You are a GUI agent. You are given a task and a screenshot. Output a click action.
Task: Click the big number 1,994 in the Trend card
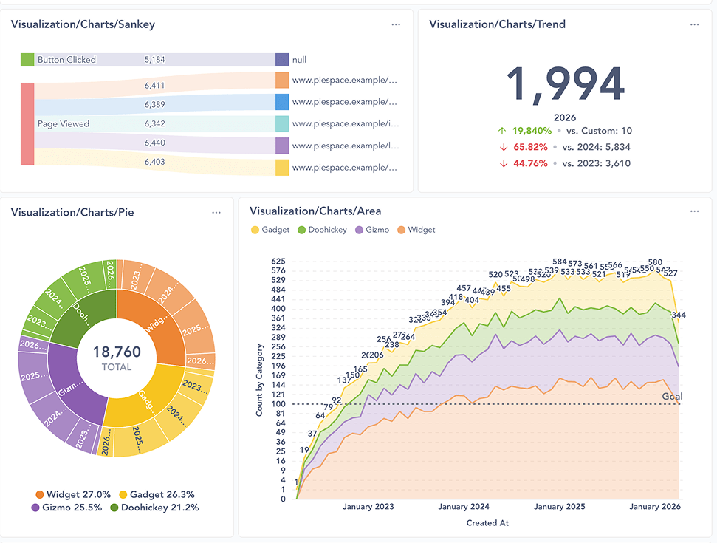566,84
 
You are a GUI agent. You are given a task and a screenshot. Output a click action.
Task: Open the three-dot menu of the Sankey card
397,24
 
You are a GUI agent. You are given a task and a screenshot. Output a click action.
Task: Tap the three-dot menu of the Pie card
216,212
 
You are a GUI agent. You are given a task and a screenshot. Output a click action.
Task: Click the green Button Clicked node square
27,60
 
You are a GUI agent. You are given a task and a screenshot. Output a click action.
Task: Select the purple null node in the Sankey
282,60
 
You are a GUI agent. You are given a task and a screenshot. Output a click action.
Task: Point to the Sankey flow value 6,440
154,143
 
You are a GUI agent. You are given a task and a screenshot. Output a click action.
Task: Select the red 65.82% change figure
530,147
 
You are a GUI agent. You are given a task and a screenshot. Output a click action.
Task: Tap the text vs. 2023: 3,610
597,163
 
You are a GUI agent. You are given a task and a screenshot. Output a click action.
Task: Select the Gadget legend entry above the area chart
271,230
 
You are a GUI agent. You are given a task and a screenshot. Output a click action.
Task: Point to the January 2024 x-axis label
464,507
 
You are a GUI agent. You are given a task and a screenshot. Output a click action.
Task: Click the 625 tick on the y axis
278,262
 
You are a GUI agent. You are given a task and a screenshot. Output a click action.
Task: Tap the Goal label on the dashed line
672,397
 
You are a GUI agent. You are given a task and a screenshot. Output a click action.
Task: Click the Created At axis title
487,523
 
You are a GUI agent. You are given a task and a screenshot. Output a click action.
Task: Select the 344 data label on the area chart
679,315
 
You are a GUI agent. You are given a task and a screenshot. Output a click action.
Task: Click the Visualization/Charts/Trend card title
497,24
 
